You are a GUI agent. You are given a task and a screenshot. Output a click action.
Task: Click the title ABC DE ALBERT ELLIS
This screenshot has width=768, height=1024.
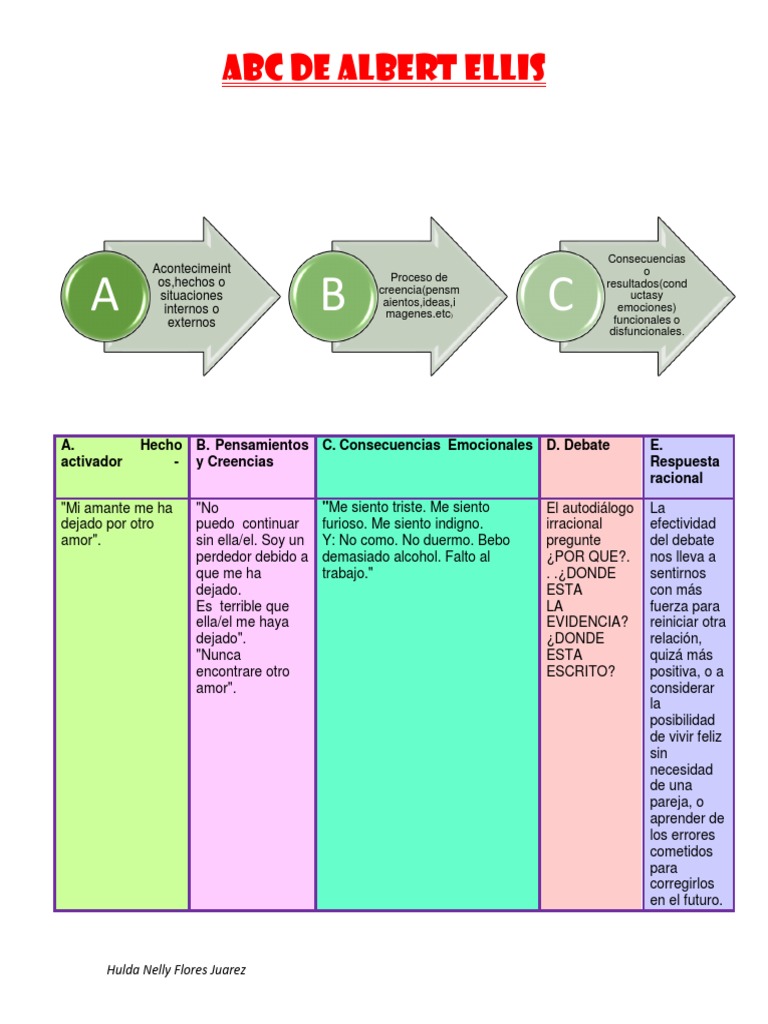click(x=383, y=70)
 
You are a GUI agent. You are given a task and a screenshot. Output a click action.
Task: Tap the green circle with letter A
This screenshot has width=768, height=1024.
click(x=104, y=295)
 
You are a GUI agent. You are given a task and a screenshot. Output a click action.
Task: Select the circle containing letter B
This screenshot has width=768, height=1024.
click(x=332, y=295)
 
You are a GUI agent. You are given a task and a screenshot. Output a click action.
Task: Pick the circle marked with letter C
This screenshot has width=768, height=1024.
click(x=560, y=295)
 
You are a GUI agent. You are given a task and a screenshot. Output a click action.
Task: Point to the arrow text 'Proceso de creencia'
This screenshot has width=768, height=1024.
click(x=419, y=296)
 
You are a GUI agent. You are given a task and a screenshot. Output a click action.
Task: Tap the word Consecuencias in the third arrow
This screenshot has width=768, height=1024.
click(x=647, y=259)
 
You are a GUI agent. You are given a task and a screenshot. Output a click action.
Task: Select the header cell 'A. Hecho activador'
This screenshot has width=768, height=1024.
click(x=121, y=453)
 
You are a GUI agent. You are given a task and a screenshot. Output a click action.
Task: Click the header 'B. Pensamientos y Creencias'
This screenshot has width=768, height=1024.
click(x=252, y=453)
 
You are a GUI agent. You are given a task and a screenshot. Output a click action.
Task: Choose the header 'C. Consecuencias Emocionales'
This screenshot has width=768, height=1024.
click(x=427, y=445)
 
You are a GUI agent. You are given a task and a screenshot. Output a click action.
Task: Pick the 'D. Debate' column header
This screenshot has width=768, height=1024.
click(x=578, y=445)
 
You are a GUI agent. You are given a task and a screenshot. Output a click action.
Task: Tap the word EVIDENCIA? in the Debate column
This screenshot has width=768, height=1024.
click(x=587, y=622)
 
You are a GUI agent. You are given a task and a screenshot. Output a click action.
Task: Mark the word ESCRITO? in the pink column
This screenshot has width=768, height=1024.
click(x=581, y=671)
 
